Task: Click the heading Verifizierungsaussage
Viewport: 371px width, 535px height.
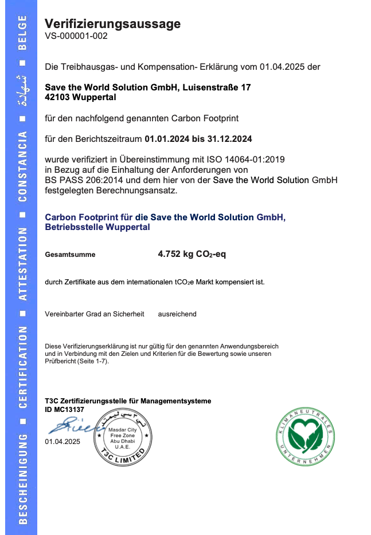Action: (112, 23)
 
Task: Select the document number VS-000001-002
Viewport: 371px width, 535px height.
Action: (76, 35)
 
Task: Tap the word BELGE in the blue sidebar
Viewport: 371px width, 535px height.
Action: (22, 33)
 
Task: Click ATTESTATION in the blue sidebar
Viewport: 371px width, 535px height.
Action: (22, 264)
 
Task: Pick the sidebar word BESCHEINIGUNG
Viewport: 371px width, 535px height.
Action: (22, 478)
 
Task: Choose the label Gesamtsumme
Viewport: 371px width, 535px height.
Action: (70, 255)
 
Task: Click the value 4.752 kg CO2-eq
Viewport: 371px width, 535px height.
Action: (192, 254)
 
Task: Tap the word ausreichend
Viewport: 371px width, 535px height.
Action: (177, 314)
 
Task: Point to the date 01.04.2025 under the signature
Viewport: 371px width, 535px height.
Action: (63, 441)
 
